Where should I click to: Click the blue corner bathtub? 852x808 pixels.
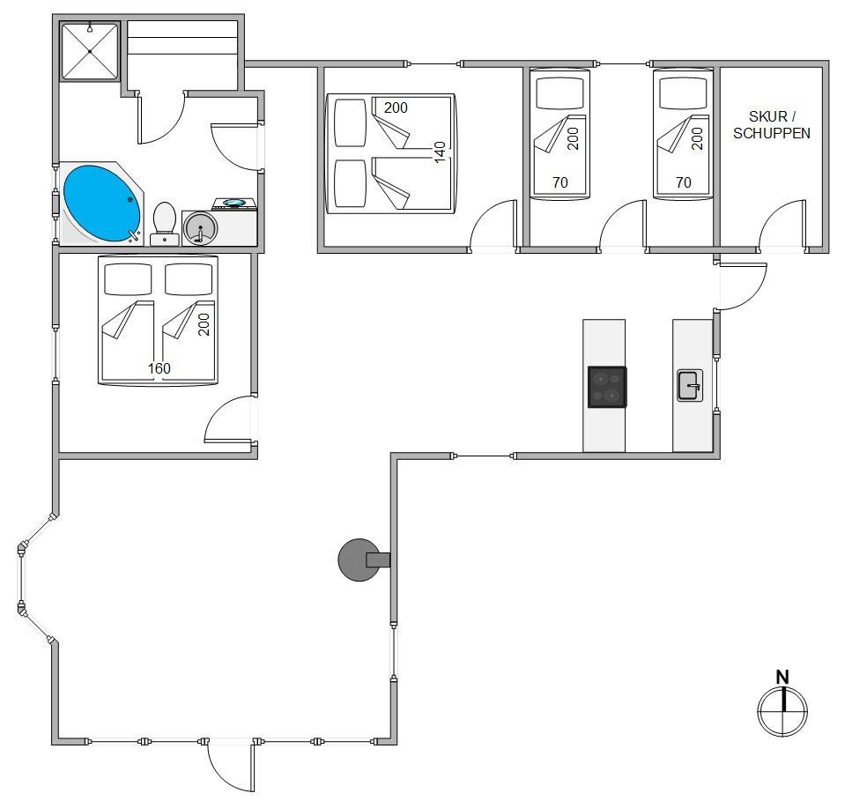pyautogui.click(x=101, y=204)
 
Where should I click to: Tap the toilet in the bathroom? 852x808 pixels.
pyautogui.click(x=164, y=224)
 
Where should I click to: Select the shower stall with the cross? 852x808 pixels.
pyautogui.click(x=90, y=51)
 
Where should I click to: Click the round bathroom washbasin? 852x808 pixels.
pyautogui.click(x=200, y=227)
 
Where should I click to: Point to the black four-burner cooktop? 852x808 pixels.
pyautogui.click(x=607, y=387)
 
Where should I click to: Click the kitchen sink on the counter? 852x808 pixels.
pyautogui.click(x=690, y=385)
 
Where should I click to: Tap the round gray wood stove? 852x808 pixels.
pyautogui.click(x=359, y=560)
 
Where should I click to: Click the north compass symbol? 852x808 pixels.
pyautogui.click(x=782, y=711)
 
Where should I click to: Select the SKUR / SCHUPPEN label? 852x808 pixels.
pyautogui.click(x=772, y=124)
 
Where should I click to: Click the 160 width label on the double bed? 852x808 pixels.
pyautogui.click(x=159, y=368)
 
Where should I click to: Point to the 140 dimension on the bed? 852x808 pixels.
pyautogui.click(x=440, y=152)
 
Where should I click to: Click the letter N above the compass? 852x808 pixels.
pyautogui.click(x=782, y=677)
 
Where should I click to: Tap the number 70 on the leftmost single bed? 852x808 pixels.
pyautogui.click(x=560, y=182)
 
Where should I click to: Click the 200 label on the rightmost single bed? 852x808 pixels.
pyautogui.click(x=697, y=138)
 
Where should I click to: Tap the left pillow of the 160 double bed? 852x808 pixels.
pyautogui.click(x=128, y=279)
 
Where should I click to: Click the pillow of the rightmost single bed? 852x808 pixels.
pyautogui.click(x=683, y=93)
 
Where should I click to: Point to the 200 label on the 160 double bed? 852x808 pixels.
pyautogui.click(x=204, y=324)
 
